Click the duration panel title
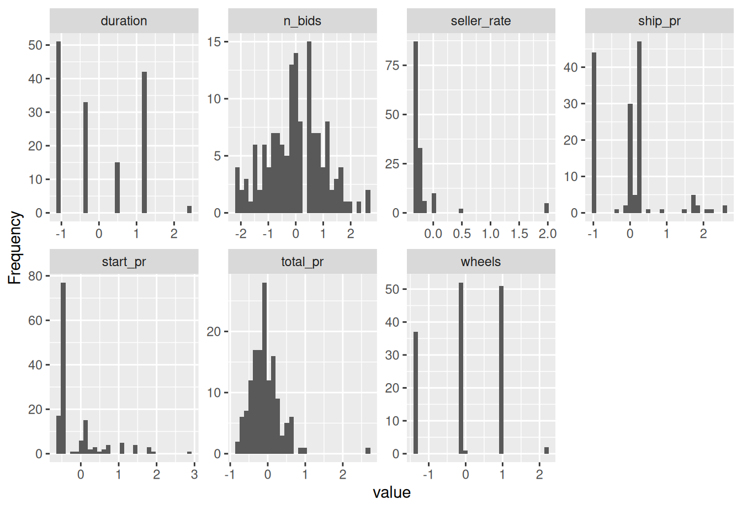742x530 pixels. coord(124,21)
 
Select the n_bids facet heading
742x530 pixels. coord(302,21)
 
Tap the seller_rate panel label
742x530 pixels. coord(481,21)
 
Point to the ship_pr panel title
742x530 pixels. coord(659,21)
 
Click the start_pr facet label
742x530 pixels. coord(124,262)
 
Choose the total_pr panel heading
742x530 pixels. coord(302,262)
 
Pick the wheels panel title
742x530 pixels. coord(481,262)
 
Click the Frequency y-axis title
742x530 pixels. coord(15,248)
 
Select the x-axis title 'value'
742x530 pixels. coord(391,492)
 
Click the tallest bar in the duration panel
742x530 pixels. coord(59,127)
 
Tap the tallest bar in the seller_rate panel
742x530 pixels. coord(416,127)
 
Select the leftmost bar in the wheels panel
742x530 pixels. coord(416,393)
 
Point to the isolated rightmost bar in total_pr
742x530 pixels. coord(368,451)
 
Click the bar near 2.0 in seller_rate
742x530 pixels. coord(547,208)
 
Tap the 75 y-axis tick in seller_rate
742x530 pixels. coord(392,66)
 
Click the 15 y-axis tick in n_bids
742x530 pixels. coord(214,42)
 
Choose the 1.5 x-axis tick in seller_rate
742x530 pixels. coord(519,234)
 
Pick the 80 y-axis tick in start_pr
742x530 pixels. coord(35,276)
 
